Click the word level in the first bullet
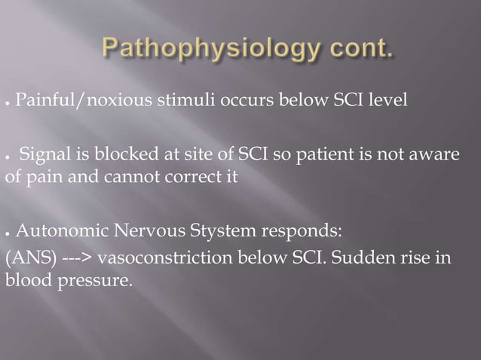coord(390,99)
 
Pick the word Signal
coord(43,154)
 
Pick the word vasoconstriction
coord(163,258)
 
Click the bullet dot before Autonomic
coord(8,230)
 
